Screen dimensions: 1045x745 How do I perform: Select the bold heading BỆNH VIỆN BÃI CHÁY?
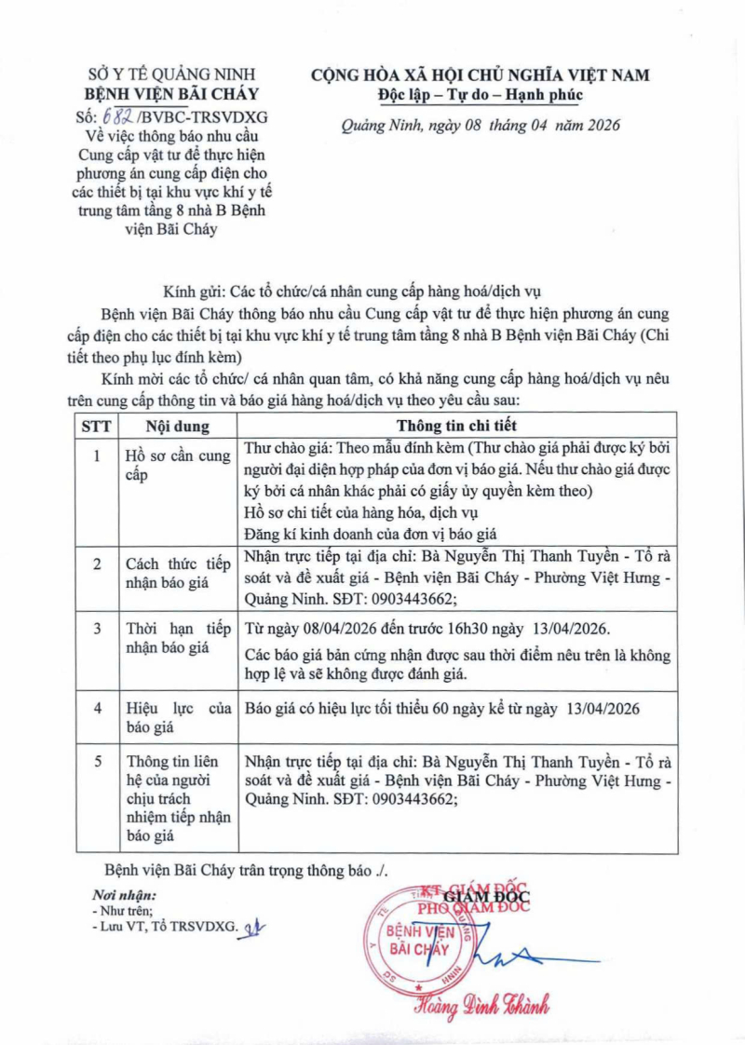171,94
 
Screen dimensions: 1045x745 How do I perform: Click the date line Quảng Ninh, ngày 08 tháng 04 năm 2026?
481,126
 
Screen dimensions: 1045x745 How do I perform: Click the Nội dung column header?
177,427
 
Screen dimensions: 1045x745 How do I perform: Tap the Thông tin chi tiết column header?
456,427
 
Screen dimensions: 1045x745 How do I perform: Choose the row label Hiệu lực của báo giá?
177,718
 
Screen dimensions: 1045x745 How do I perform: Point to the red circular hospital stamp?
421,941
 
